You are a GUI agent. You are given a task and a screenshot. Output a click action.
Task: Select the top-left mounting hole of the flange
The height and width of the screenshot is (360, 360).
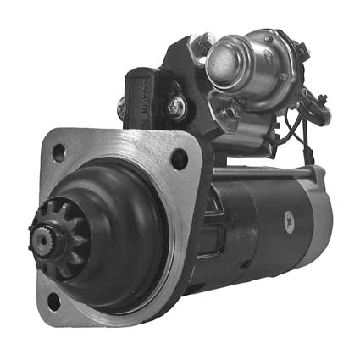tap(58, 153)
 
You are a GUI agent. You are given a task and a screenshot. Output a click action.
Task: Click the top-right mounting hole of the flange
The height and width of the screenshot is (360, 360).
tap(179, 158)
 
